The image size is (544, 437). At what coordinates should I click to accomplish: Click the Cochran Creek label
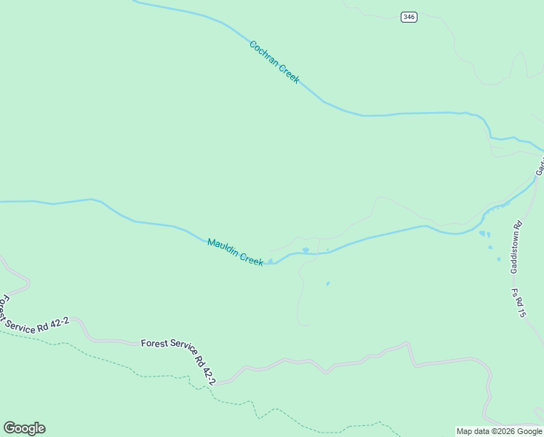[x=273, y=62]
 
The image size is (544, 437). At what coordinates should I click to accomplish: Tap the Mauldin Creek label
[x=235, y=252]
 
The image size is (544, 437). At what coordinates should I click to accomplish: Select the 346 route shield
[x=409, y=17]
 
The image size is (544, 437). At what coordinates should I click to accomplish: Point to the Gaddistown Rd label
[x=516, y=248]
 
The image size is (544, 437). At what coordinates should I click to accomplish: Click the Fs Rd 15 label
[x=519, y=303]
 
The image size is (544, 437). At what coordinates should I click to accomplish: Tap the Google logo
[x=24, y=428]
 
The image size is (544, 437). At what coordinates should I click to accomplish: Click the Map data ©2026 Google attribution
[x=499, y=431]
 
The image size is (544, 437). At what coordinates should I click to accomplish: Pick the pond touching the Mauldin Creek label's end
[x=271, y=261]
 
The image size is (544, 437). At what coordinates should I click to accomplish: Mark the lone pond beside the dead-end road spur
[x=328, y=283]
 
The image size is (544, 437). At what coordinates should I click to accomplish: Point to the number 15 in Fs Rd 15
[x=521, y=312]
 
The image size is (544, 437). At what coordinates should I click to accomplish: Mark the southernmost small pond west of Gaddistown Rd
[x=499, y=259]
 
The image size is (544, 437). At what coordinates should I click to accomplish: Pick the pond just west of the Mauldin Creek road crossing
[x=305, y=251]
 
